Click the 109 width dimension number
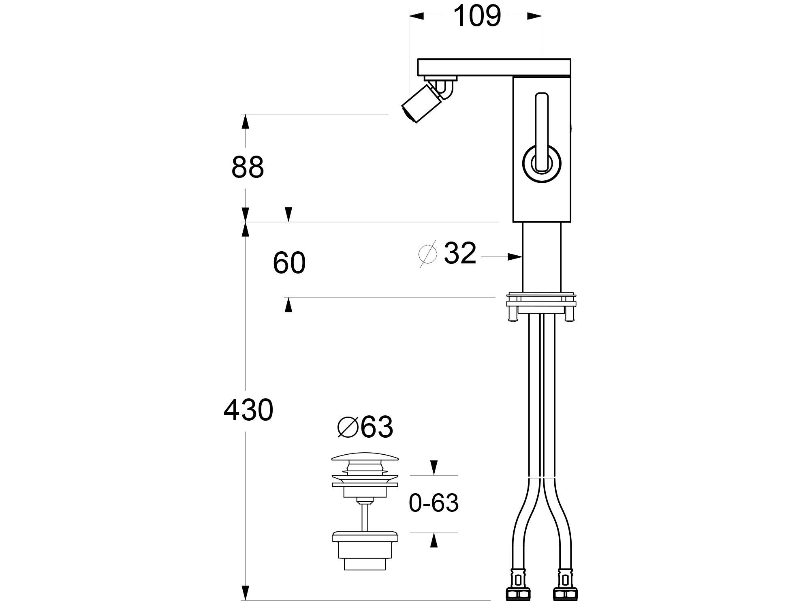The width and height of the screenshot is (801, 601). tap(476, 16)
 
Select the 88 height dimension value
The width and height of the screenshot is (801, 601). tap(248, 167)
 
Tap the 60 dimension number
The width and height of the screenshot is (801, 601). tap(289, 263)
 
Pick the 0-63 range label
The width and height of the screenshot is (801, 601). tap(434, 503)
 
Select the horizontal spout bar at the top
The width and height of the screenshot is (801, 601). tap(494, 67)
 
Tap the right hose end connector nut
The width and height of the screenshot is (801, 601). tap(564, 591)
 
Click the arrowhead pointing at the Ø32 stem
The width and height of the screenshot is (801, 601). tap(515, 257)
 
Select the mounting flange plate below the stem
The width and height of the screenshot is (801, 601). tap(541, 302)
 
